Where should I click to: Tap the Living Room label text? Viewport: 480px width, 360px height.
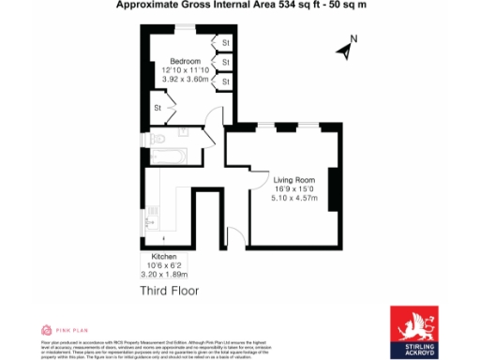point(293,178)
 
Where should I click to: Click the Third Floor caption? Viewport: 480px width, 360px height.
point(170,291)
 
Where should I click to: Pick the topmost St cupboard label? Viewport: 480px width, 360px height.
point(226,42)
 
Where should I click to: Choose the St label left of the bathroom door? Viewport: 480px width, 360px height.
point(158,109)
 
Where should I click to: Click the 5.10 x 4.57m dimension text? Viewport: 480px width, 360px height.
point(293,199)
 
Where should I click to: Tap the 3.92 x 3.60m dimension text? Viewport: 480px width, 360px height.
point(183,81)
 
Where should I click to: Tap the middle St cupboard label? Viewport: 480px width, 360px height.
point(226,62)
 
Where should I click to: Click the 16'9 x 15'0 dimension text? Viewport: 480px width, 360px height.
point(293,188)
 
